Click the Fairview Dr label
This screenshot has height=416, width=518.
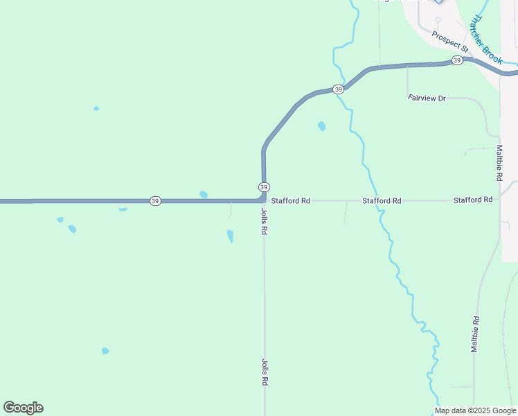point(427,98)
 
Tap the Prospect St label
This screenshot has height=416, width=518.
point(450,42)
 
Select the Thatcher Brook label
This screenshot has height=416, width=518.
point(486,40)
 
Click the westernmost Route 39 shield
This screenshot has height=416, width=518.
point(154,201)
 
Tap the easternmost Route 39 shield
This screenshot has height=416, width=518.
point(457,61)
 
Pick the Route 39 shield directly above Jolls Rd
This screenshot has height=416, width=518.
point(264,187)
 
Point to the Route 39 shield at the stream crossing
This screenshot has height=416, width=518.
point(337,89)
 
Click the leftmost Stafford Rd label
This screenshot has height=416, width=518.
point(290,200)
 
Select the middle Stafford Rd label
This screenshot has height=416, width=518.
point(382,200)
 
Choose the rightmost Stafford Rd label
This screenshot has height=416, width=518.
point(473,200)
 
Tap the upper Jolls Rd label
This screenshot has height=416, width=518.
point(264,220)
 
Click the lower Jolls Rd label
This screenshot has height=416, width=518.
point(265,372)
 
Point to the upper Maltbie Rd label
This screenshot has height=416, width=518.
point(499,164)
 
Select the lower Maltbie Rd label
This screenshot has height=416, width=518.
point(475,334)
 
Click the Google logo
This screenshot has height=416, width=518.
point(24,408)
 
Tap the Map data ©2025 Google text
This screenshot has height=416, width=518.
point(475,410)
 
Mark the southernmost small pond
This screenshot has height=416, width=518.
point(105,351)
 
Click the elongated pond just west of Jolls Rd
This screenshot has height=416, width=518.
point(230,236)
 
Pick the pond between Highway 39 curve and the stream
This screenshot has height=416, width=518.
point(321,126)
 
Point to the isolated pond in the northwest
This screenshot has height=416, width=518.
point(96,108)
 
